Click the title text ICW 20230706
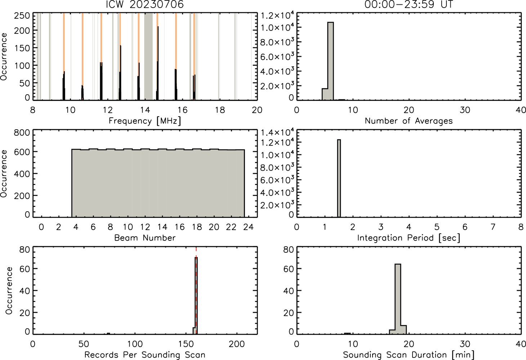coord(145,4)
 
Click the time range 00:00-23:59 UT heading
coord(409,4)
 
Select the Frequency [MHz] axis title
coord(145,121)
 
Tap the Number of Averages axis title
coord(409,121)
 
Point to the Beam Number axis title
coord(145,238)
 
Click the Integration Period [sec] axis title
coord(409,238)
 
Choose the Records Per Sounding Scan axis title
coord(145,355)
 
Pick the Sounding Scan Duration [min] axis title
coord(409,355)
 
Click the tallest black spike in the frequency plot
coord(158,63)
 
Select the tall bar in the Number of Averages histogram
coord(331,61)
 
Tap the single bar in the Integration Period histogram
coord(339,178)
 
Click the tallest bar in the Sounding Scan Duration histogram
coord(398,299)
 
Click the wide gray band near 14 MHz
coord(148,56)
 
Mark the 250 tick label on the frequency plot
coord(22,16)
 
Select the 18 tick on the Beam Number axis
coord(197,227)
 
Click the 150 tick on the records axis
coord(186,344)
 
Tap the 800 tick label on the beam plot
coord(22,132)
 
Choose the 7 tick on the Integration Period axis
coord(492,227)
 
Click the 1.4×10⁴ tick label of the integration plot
coord(277,132)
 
